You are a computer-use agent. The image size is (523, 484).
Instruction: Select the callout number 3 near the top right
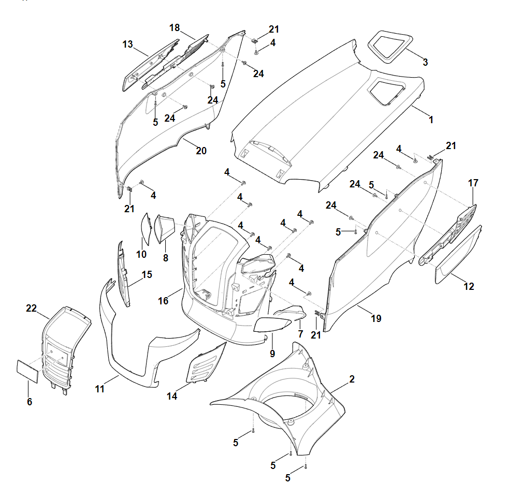[425, 62]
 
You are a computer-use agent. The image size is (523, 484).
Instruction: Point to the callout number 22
[32, 308]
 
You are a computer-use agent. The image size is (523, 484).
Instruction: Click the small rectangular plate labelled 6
[26, 371]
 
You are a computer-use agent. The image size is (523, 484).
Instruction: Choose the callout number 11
[100, 388]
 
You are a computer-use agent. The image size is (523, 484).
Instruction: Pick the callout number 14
[172, 396]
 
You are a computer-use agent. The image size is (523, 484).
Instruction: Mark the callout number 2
[352, 379]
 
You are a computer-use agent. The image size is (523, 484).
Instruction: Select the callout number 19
[376, 318]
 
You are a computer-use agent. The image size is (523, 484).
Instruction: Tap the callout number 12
[469, 286]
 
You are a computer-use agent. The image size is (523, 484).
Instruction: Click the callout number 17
[473, 183]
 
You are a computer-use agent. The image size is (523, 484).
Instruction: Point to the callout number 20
[201, 151]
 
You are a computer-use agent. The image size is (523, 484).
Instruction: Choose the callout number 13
[128, 45]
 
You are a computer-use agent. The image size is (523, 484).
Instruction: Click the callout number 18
[175, 27]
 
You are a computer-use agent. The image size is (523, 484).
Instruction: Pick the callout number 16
[163, 300]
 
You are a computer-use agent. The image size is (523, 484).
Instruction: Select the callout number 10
[141, 254]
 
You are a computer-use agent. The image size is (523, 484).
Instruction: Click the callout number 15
[147, 274]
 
